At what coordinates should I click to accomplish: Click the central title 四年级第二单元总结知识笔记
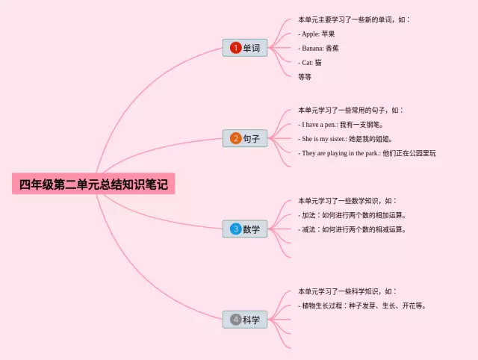pyautogui.click(x=93, y=184)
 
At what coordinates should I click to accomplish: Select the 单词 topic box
pyautogui.click(x=245, y=48)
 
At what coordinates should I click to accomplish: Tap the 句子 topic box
pyautogui.click(x=245, y=138)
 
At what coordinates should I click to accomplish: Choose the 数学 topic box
pyautogui.click(x=245, y=229)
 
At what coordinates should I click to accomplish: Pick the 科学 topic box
pyautogui.click(x=245, y=320)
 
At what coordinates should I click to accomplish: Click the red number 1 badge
pyautogui.click(x=235, y=48)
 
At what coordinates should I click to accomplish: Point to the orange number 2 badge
pyautogui.click(x=235, y=138)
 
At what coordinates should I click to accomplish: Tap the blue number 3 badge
pyautogui.click(x=235, y=229)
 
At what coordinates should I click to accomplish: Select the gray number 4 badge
pyautogui.click(x=235, y=320)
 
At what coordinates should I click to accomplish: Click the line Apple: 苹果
pyautogui.click(x=317, y=34)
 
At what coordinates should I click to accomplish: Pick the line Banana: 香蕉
pyautogui.click(x=322, y=48)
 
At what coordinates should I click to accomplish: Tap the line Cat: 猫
pyautogui.click(x=310, y=62)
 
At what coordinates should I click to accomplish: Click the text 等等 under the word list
pyautogui.click(x=305, y=75)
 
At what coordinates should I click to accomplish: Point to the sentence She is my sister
pyautogui.click(x=345, y=138)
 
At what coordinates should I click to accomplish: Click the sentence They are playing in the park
pyautogui.click(x=367, y=152)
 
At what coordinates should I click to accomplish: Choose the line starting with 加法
pyautogui.click(x=352, y=215)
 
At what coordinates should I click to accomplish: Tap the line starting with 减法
pyautogui.click(x=352, y=229)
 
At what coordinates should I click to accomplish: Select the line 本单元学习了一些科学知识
pyautogui.click(x=347, y=291)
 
